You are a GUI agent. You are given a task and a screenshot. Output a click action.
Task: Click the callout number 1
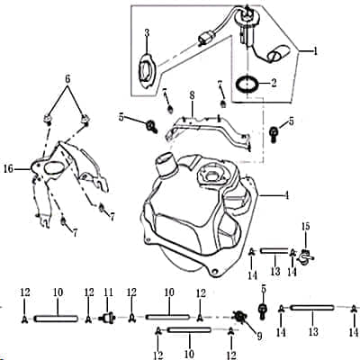tap(315, 52)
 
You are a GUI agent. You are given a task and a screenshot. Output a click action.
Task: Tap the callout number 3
tap(147, 33)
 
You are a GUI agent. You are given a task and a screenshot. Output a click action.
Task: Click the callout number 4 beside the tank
tap(286, 194)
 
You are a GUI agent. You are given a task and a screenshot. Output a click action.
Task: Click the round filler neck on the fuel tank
tap(166, 166)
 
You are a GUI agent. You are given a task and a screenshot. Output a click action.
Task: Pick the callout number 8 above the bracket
tap(192, 94)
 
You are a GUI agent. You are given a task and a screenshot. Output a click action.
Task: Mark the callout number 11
tap(109, 293)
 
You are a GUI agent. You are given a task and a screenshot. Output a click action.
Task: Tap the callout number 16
tap(8, 168)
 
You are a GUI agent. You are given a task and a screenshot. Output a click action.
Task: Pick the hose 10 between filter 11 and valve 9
tap(167, 317)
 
